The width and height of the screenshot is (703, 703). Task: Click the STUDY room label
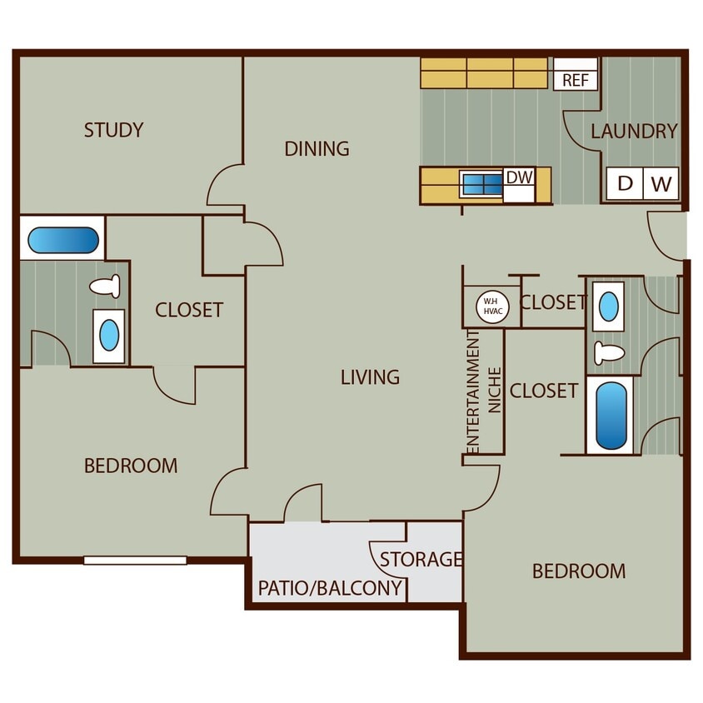(x=114, y=130)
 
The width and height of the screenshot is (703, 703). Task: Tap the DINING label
(x=317, y=149)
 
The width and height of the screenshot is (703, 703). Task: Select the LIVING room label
(x=370, y=377)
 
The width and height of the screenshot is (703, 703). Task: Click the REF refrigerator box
(x=576, y=80)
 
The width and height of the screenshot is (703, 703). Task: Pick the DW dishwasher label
(x=518, y=177)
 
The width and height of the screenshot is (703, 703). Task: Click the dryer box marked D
(x=625, y=184)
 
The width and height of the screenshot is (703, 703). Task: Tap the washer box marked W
(x=661, y=184)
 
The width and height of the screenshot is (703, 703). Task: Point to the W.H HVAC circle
(x=491, y=307)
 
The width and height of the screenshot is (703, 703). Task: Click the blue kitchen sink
(x=481, y=184)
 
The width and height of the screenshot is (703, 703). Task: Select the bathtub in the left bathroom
(x=63, y=241)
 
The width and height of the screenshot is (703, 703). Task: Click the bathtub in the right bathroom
(x=611, y=415)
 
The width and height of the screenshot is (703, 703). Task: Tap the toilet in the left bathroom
(x=106, y=287)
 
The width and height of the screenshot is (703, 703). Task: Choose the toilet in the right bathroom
(x=610, y=352)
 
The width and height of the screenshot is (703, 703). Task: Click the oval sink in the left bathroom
(x=109, y=336)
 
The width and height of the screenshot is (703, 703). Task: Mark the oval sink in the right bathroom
(x=609, y=307)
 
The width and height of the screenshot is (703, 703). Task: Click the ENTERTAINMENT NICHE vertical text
(x=483, y=391)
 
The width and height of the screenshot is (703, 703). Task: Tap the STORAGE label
(x=421, y=559)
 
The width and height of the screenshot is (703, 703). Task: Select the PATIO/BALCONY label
(x=331, y=588)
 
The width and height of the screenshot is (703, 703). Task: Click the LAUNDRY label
(x=634, y=132)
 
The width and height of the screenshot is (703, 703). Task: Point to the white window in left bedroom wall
(x=135, y=561)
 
